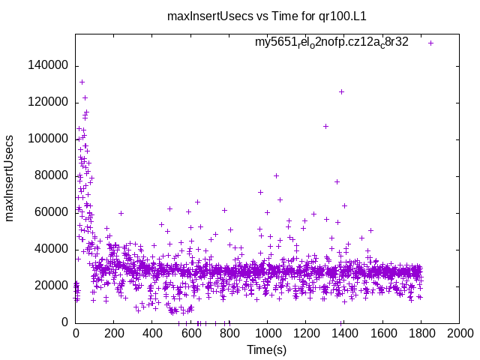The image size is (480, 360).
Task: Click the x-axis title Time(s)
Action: click(x=268, y=349)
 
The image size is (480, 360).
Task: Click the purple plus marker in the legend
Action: click(x=430, y=43)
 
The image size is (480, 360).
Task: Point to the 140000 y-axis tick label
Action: click(x=47, y=65)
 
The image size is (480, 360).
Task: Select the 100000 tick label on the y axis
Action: click(x=47, y=139)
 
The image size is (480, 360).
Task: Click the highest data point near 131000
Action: click(x=82, y=82)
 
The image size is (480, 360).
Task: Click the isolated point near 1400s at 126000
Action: click(x=341, y=91)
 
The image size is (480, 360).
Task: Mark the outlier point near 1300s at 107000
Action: click(x=325, y=126)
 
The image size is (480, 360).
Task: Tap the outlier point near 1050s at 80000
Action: click(x=276, y=175)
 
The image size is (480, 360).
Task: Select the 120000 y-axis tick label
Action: click(x=47, y=102)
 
